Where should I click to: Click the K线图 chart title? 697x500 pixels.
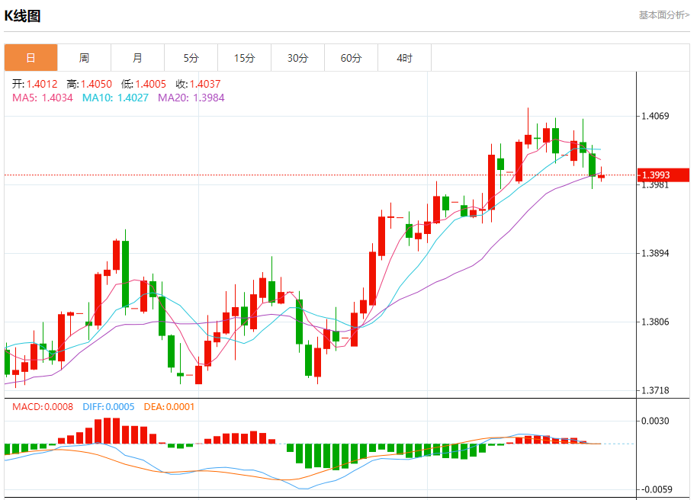23,15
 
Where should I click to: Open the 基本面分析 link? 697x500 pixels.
663,14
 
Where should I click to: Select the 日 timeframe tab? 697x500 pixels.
31,58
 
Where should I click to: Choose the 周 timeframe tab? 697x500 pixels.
84,58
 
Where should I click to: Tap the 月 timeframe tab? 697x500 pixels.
137,58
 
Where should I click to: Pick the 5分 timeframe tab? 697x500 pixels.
191,58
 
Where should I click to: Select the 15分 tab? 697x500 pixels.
244,58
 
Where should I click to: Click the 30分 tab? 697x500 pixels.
297,58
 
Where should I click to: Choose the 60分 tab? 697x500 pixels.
351,58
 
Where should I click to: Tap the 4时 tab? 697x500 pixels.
404,58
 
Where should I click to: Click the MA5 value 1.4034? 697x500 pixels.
57,98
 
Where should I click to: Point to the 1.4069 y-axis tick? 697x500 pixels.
656,116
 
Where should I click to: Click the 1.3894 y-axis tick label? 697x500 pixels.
656,253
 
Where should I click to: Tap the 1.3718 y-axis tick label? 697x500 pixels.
656,390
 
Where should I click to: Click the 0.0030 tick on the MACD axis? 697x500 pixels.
656,421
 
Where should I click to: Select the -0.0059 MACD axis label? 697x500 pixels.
656,489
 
